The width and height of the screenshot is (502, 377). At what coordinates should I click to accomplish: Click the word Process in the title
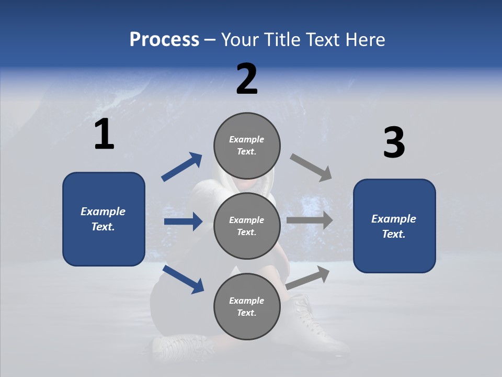coord(164,40)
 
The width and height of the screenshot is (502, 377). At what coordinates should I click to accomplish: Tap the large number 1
coord(104,135)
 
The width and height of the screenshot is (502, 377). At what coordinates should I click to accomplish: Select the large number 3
coord(394,143)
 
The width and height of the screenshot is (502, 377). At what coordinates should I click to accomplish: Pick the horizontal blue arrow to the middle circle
coord(183,221)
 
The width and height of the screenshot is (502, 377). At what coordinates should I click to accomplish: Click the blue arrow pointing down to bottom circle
coord(183,279)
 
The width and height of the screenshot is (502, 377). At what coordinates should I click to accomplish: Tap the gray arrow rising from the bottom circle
coord(308,277)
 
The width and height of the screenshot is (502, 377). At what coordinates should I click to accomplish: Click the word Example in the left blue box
coord(103,212)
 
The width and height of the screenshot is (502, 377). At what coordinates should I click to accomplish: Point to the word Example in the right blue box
coord(394,219)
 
